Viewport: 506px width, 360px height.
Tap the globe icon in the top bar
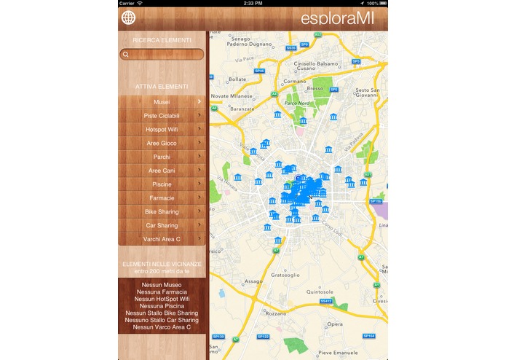129,18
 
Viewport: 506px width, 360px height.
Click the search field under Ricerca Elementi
162,54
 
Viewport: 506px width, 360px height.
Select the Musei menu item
162,102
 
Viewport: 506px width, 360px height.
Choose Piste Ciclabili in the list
162,116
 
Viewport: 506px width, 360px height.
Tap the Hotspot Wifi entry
162,130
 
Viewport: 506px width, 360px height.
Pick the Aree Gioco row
162,144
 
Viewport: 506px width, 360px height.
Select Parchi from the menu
162,157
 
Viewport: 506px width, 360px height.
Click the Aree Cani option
162,171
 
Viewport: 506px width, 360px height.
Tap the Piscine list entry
162,184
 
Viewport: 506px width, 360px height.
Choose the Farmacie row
162,198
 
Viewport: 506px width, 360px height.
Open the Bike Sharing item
162,212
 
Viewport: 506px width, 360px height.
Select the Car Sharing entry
162,225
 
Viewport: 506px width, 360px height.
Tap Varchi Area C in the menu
162,239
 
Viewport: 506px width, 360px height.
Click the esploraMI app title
337,18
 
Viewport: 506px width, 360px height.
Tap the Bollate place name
238,79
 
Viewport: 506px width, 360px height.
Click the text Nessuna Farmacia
162,292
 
